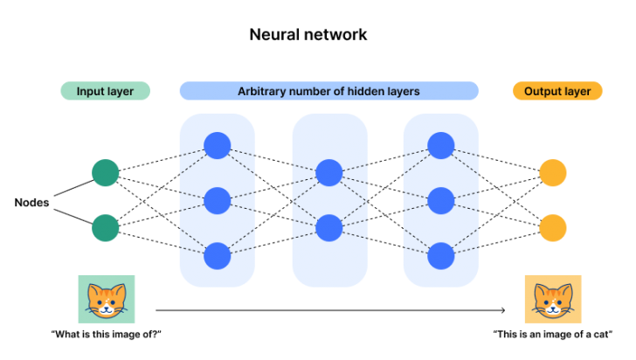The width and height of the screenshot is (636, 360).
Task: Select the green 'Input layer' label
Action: coord(105,91)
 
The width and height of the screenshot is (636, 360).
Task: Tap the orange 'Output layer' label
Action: coord(557,91)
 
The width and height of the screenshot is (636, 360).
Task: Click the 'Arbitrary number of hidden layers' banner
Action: coord(328,91)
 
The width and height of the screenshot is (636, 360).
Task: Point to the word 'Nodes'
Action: coord(31,202)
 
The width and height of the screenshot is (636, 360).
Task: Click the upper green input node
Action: coord(105,172)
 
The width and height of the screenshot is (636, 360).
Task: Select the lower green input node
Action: coord(105,228)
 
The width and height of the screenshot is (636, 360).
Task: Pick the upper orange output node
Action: coord(552,172)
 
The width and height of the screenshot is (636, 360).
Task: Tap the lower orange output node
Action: coord(552,228)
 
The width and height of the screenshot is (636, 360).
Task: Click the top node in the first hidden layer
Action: coord(217,145)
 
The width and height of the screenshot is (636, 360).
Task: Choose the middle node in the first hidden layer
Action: coord(217,201)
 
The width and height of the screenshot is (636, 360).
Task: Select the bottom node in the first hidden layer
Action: coord(217,256)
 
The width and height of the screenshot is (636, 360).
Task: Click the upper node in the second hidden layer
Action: coord(328,172)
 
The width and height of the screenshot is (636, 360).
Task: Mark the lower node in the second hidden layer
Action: coord(328,228)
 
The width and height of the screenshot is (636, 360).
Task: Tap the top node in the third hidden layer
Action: coord(440,145)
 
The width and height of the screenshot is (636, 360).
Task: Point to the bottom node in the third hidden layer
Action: coord(440,256)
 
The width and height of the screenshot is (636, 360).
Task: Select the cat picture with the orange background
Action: coord(552,300)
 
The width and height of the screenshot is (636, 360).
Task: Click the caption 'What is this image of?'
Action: coord(107,335)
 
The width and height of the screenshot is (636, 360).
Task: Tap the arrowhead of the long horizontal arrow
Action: coord(503,309)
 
